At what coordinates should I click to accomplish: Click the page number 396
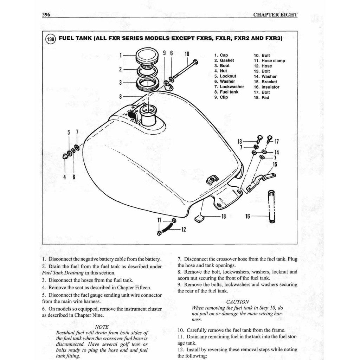tap(46, 15)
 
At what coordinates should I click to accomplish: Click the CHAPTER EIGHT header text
tap(275, 15)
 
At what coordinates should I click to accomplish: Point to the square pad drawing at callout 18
tap(199, 219)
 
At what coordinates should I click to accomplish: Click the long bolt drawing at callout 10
tap(185, 70)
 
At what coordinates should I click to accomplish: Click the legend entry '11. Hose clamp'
tap(269, 60)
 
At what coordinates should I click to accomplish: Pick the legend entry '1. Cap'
tap(221, 55)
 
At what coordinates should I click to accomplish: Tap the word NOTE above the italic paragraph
tap(102, 327)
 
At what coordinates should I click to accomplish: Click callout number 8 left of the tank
tap(121, 96)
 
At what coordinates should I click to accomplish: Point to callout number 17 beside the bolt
tap(276, 142)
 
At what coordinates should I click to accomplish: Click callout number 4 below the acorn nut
tap(65, 177)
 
